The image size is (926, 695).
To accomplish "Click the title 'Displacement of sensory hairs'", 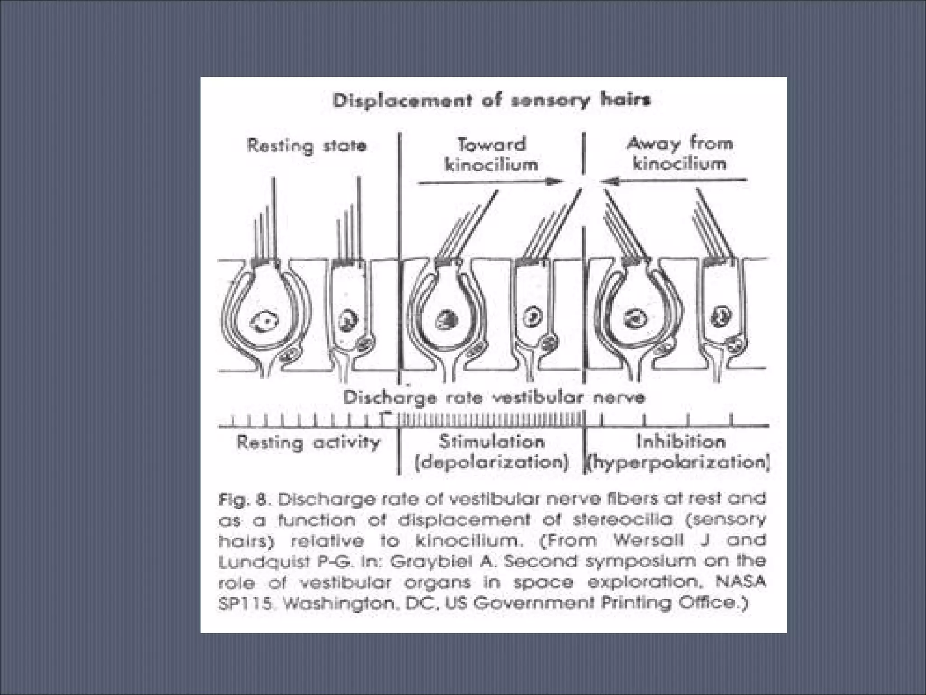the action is pos(491,100).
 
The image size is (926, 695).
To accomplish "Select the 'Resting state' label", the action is pos(307,146).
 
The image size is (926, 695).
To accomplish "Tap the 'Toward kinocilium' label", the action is pos(491,154).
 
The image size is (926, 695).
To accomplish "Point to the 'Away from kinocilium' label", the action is pos(680,153).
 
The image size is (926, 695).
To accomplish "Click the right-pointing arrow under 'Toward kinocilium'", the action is pos(491,182).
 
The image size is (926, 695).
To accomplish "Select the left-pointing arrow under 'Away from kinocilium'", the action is pos(674,181).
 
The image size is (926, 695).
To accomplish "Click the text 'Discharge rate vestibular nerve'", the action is pos(494,398).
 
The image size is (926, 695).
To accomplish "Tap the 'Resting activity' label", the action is pos(308,443).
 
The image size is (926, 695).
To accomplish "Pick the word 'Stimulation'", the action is pos(491,441).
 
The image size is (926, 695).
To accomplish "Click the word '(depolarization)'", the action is pos(491,463).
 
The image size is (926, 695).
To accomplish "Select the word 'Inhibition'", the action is pos(681,441).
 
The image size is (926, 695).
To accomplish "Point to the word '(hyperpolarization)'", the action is pos(678,463).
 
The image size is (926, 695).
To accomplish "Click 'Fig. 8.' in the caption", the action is pos(242,500).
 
